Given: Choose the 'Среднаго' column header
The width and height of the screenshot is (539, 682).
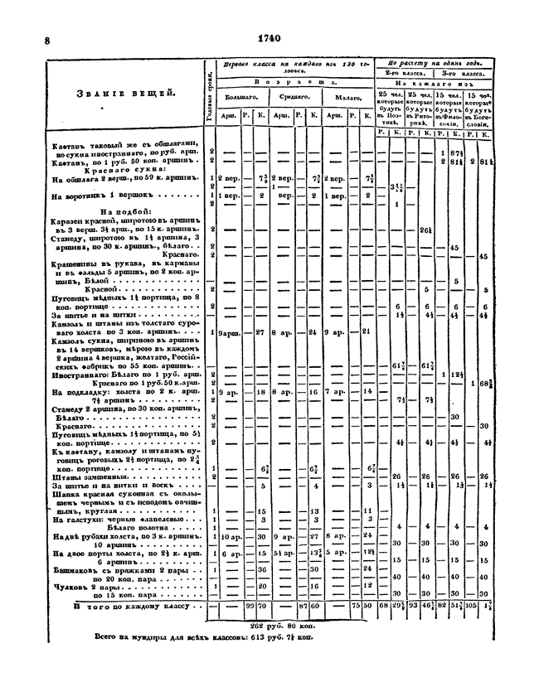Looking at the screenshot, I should (293, 97).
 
